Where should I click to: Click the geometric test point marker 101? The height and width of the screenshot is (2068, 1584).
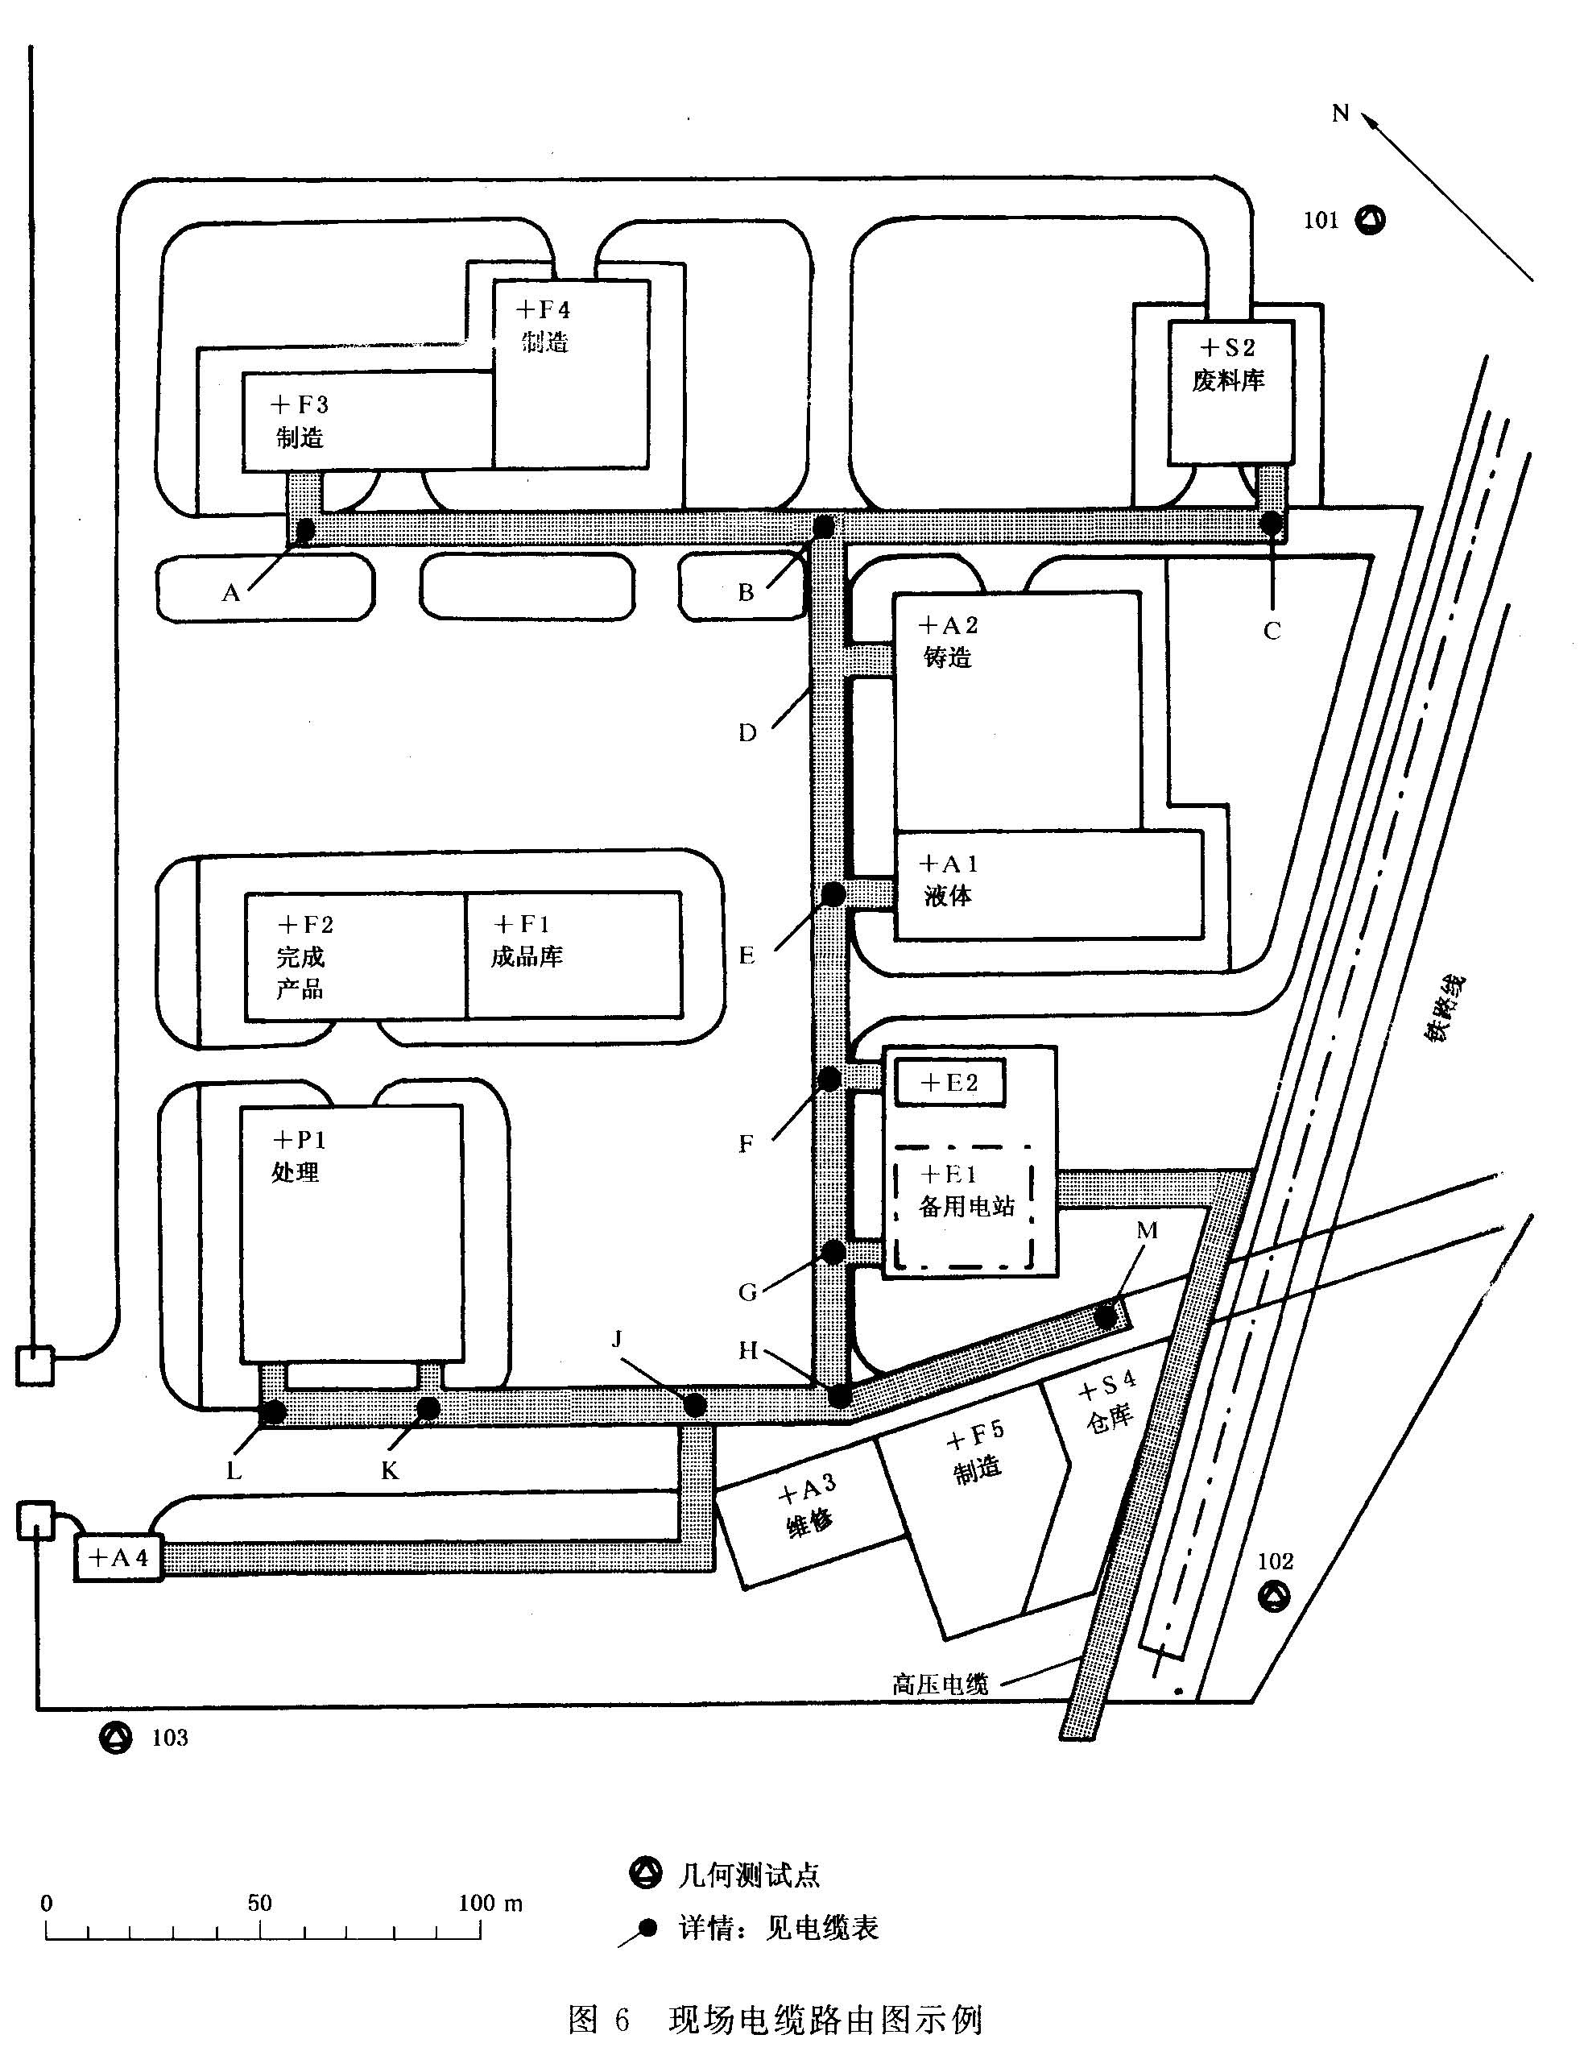tap(1370, 221)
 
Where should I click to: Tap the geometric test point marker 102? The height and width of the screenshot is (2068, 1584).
tap(1274, 1598)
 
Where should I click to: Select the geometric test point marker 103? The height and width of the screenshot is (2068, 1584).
tap(116, 1737)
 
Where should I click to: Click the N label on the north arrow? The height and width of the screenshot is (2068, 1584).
tap(1341, 114)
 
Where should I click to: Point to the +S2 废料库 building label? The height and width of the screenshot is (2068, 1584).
tap(1227, 364)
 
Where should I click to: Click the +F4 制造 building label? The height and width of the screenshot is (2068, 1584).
tap(544, 325)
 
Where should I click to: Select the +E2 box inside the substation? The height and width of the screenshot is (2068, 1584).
tap(949, 1083)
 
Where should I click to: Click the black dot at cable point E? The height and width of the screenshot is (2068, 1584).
tap(833, 893)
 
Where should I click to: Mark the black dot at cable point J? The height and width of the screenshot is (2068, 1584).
tap(695, 1405)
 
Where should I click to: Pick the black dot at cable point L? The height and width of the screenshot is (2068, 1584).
tap(275, 1411)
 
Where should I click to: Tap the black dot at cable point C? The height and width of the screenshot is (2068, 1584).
tap(1272, 520)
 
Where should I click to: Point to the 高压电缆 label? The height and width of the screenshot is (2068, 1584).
tap(940, 1685)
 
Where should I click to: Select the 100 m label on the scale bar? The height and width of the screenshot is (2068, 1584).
tap(490, 1903)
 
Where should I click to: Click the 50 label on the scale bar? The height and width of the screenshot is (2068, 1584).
tap(259, 1903)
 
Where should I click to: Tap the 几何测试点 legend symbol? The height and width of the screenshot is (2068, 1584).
tap(646, 1873)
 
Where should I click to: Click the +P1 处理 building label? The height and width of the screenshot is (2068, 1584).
tap(297, 1156)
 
